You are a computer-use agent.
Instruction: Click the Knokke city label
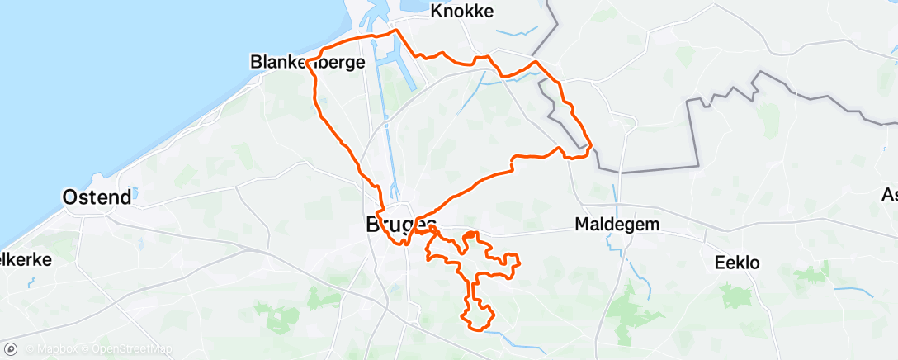coord(461,12)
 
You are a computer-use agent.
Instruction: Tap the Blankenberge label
coord(307,62)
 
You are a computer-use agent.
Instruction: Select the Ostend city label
coord(97,197)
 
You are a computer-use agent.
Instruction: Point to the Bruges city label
coord(399,225)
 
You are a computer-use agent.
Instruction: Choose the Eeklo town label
coord(737,263)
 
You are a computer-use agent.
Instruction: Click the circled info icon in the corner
coord(9,349)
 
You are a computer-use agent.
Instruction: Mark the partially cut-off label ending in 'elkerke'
coord(25,259)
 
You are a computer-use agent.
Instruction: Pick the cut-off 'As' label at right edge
coord(889,194)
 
